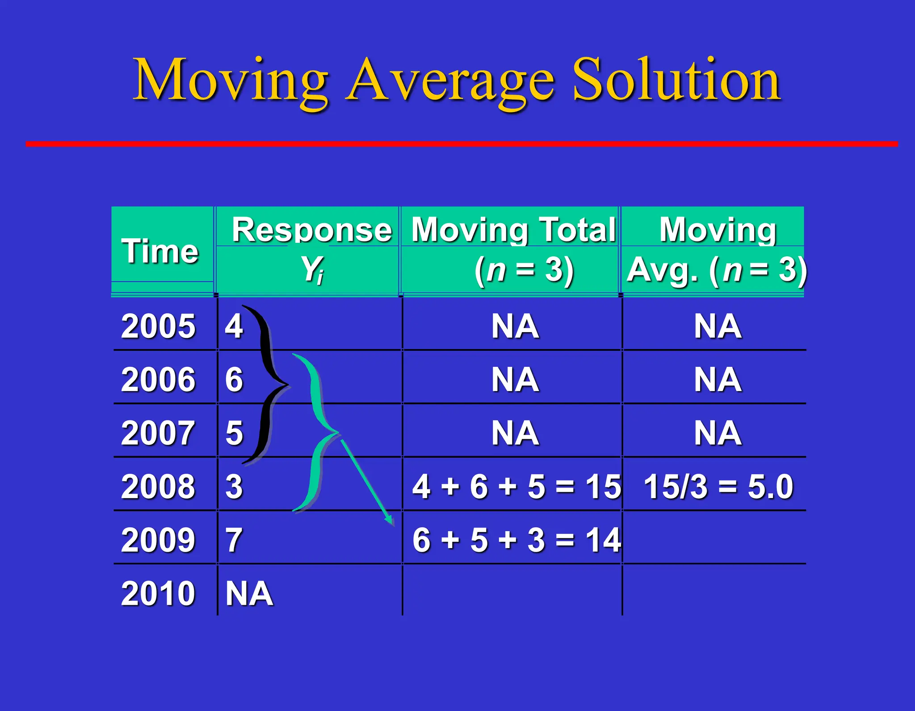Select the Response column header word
[x=311, y=230]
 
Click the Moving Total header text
[x=513, y=230]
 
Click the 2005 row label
[x=158, y=326]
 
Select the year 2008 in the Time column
[x=158, y=486]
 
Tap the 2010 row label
[x=158, y=594]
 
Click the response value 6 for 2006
[x=234, y=380]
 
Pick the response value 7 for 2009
[x=234, y=540]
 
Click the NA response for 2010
[x=249, y=594]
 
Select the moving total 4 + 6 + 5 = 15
[x=516, y=486]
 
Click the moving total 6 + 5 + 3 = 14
[x=516, y=540]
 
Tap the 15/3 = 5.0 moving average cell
[x=718, y=486]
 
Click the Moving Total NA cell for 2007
[x=515, y=433]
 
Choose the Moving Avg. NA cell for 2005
[x=718, y=326]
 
